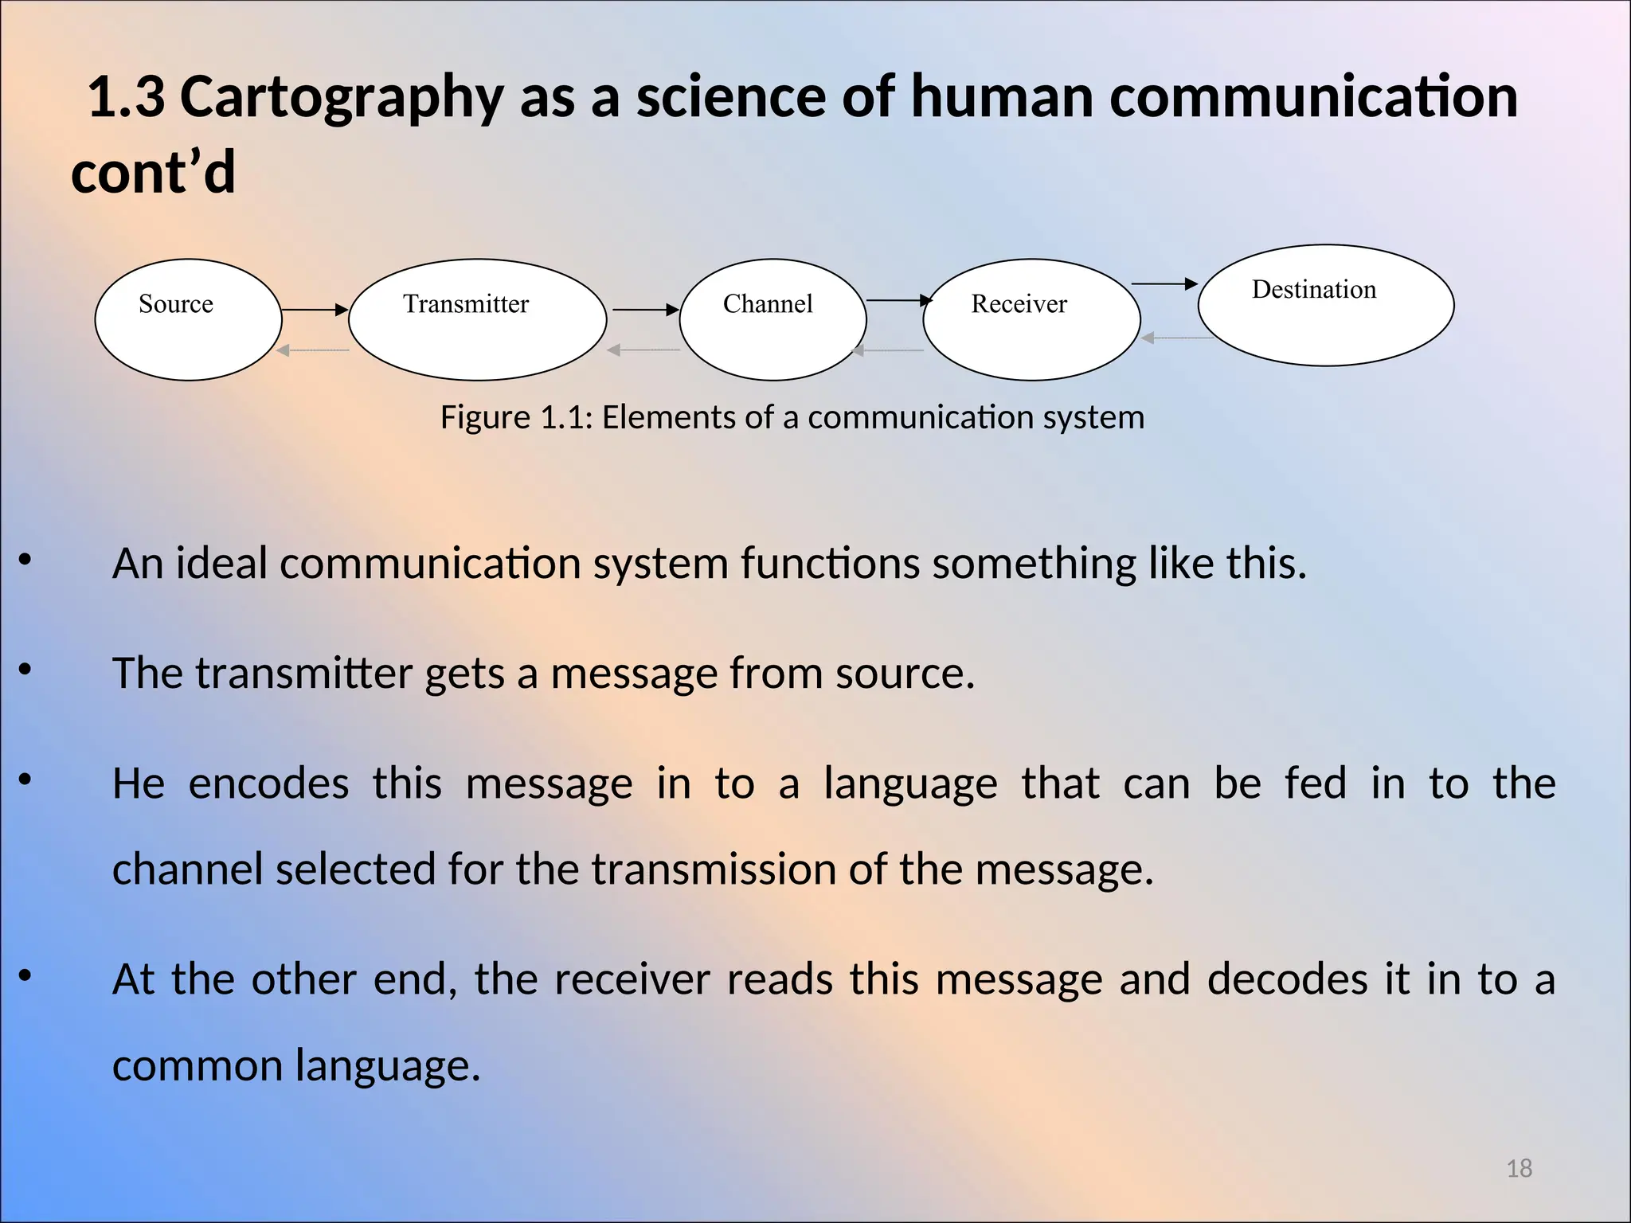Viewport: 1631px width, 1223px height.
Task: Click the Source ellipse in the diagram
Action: (188, 319)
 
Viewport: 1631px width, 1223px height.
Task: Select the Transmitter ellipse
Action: (477, 319)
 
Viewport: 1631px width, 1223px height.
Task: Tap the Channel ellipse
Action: (772, 319)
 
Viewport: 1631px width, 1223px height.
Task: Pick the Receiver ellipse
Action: (1031, 319)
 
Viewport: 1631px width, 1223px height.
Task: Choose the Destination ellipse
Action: (1325, 305)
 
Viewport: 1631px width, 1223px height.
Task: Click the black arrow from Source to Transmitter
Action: (315, 309)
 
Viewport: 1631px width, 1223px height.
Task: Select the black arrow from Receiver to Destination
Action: (1164, 283)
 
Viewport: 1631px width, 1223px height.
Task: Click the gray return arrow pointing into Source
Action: (313, 350)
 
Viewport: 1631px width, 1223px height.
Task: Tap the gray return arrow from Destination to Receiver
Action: (1177, 338)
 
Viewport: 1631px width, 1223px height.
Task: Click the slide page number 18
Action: (1519, 1168)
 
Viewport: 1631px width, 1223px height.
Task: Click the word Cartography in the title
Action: (342, 97)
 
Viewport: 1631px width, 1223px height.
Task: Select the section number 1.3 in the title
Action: (126, 97)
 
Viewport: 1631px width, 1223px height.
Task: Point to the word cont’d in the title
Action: (153, 173)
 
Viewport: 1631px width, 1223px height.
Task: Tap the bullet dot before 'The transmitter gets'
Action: (25, 670)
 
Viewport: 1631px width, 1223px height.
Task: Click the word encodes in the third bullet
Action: (268, 783)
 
